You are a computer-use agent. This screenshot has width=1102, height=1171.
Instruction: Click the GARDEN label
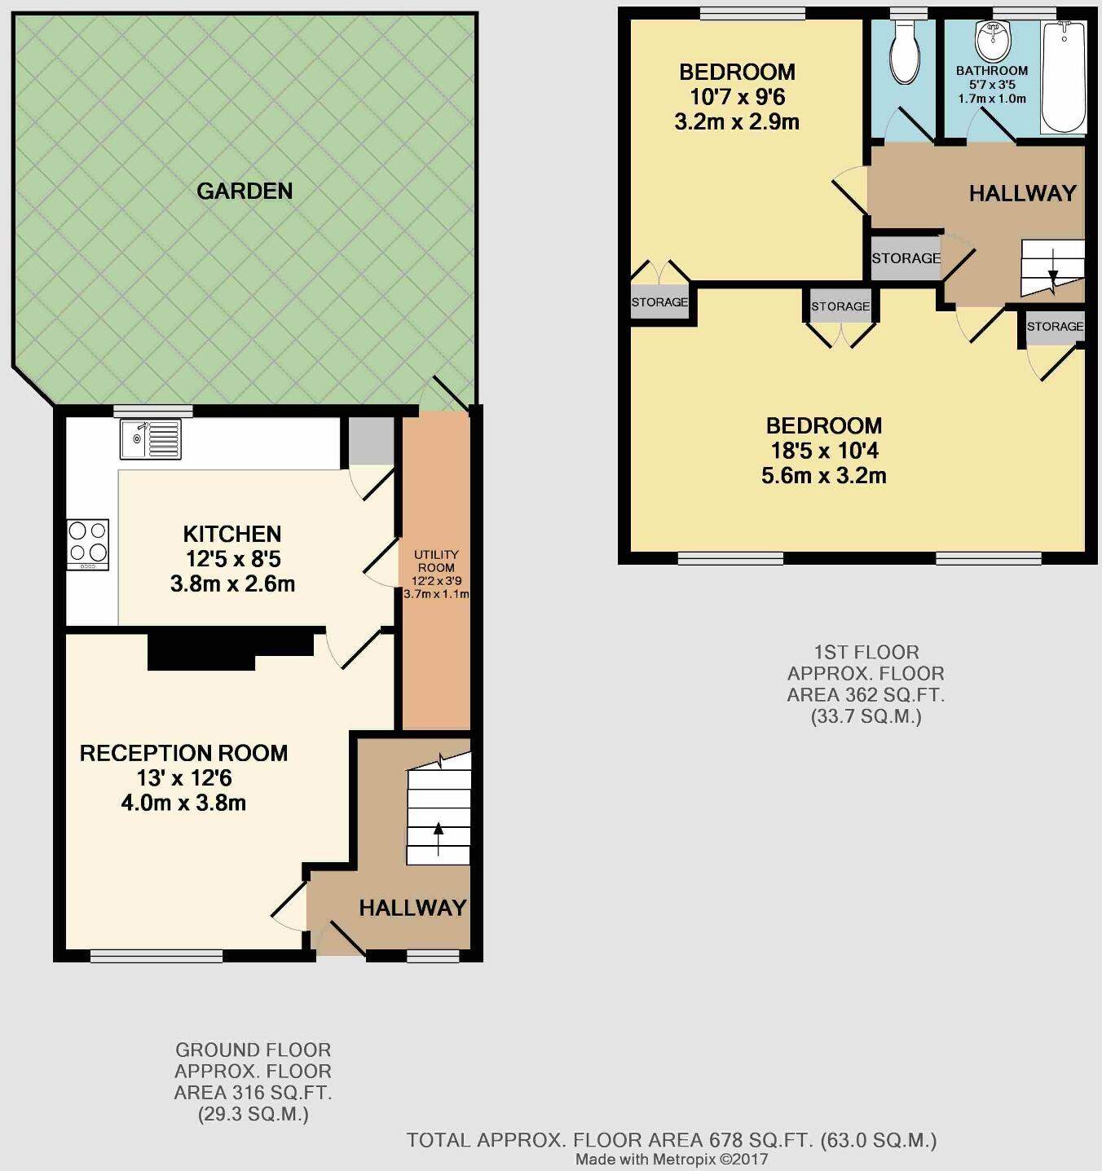pyautogui.click(x=245, y=191)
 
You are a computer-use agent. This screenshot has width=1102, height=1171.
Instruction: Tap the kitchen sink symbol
pyautogui.click(x=151, y=439)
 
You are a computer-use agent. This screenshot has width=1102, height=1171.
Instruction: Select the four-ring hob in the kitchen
pyautogui.click(x=88, y=542)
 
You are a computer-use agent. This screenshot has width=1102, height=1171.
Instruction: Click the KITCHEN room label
pyautogui.click(x=232, y=535)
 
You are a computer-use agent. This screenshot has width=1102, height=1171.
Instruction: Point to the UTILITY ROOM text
pyautogui.click(x=436, y=561)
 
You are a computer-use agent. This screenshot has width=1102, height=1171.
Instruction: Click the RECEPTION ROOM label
pyautogui.click(x=183, y=753)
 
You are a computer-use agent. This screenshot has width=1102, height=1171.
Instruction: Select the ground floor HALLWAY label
pyautogui.click(x=412, y=908)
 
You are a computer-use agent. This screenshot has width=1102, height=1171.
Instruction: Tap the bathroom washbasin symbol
pyautogui.click(x=992, y=41)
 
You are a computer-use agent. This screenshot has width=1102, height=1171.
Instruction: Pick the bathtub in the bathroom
pyautogui.click(x=1064, y=77)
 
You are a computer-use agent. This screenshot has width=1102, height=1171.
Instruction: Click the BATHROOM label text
pyautogui.click(x=992, y=71)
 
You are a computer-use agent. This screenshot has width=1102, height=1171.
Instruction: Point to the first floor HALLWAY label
pyautogui.click(x=1022, y=193)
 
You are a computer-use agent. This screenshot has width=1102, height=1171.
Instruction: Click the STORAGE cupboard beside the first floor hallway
pyautogui.click(x=906, y=258)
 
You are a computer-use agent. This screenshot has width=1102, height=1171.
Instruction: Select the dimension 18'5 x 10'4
pyautogui.click(x=824, y=451)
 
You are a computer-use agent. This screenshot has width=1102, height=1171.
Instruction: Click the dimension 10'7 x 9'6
pyautogui.click(x=737, y=97)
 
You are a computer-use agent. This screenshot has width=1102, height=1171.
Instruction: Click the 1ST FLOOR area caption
pyautogui.click(x=866, y=685)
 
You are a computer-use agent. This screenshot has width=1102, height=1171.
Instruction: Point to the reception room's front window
pyautogui.click(x=156, y=956)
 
